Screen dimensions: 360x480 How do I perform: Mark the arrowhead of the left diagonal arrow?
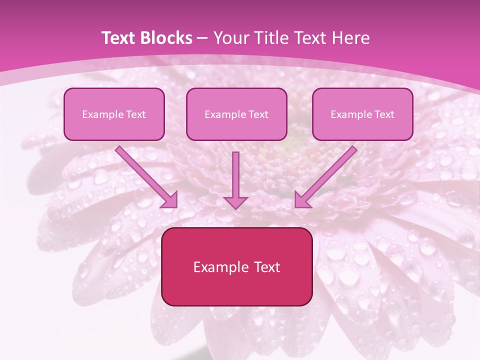coord(170,200)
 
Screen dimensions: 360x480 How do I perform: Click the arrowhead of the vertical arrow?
coord(235,202)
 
